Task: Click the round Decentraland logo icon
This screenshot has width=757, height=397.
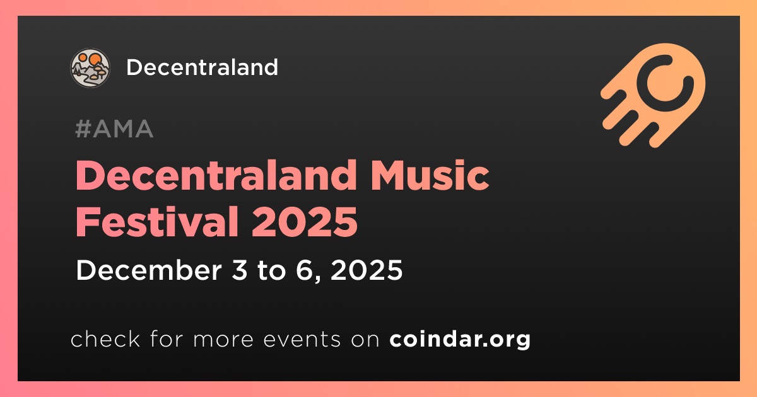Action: pos(90,68)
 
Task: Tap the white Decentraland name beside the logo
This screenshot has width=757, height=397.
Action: pos(202,67)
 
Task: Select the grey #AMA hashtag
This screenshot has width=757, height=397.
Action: pos(114,129)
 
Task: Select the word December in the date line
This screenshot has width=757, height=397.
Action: pos(149,270)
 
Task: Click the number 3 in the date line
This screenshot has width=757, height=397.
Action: pos(239,270)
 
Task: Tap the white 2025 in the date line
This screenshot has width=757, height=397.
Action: pos(367,270)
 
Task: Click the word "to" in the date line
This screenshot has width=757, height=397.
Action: pos(271,271)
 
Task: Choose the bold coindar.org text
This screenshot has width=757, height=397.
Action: pos(460,339)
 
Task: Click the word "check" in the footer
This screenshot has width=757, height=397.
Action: pos(105,339)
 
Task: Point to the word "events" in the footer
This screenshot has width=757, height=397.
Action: pos(302,340)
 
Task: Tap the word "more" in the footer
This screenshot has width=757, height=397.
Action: pos(223,340)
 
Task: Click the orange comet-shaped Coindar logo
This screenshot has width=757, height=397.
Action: pos(653,95)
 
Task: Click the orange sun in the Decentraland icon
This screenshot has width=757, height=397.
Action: pos(94,59)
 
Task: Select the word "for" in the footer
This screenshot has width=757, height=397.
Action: pos(167,339)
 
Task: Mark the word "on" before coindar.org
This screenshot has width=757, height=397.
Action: pos(365,340)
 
